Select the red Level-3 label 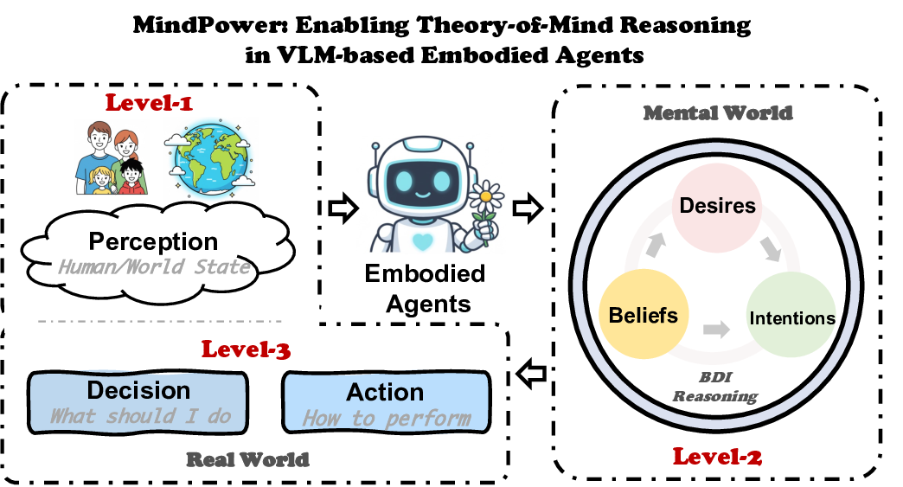pos(247,349)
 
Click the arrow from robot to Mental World pos(527,208)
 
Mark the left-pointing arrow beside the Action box pos(528,373)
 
